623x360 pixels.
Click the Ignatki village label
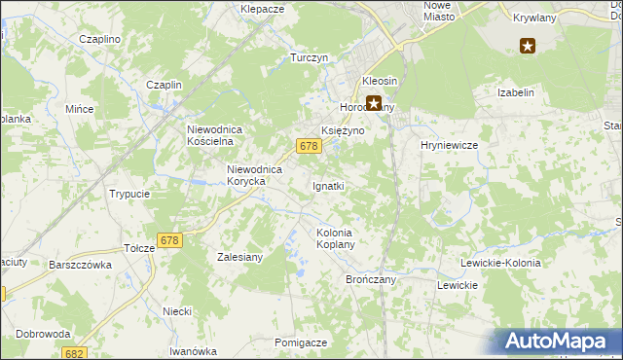coord(328,186)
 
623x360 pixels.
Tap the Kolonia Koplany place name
coord(341,238)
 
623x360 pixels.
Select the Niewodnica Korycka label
coord(254,175)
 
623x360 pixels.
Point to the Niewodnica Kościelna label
coord(221,134)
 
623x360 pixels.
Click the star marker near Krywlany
coord(528,45)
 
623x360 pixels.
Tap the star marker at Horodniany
coord(373,102)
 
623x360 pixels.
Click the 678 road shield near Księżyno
coord(309,146)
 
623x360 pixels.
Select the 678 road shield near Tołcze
coord(169,240)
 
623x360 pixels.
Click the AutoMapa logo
coord(557,342)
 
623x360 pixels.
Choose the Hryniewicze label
coord(448,145)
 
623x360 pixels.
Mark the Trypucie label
coord(129,194)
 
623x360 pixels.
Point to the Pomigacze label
coord(300,342)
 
